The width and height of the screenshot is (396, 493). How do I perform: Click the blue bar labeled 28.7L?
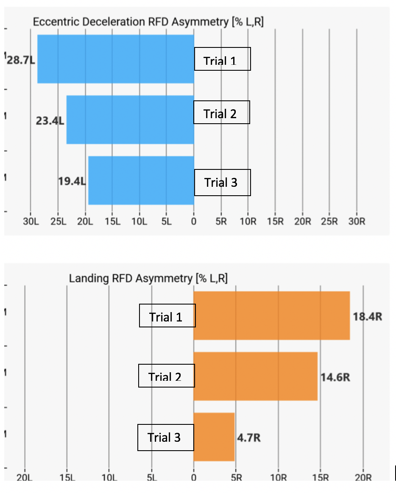[114, 59]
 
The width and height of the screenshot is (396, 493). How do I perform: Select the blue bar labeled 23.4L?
[129, 120]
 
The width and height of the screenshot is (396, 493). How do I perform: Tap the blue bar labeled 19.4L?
[140, 180]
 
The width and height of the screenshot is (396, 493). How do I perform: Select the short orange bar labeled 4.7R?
[214, 437]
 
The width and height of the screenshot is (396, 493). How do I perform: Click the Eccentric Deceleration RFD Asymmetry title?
[148, 22]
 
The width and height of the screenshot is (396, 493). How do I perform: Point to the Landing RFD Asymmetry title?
[148, 278]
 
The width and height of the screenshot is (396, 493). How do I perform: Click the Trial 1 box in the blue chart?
[222, 59]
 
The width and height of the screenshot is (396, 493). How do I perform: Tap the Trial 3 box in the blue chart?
[222, 183]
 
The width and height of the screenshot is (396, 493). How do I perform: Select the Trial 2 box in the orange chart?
[167, 376]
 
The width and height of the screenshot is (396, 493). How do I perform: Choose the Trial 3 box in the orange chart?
[166, 437]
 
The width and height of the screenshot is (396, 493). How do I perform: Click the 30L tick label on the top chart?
[31, 221]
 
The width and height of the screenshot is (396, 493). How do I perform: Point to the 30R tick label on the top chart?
[356, 221]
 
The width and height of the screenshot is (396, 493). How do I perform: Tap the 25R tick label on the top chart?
[329, 221]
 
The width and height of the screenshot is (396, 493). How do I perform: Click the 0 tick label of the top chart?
[194, 221]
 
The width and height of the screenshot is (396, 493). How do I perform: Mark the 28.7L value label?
[21, 60]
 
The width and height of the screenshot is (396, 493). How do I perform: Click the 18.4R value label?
[368, 316]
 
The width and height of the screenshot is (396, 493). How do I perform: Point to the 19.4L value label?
[72, 182]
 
